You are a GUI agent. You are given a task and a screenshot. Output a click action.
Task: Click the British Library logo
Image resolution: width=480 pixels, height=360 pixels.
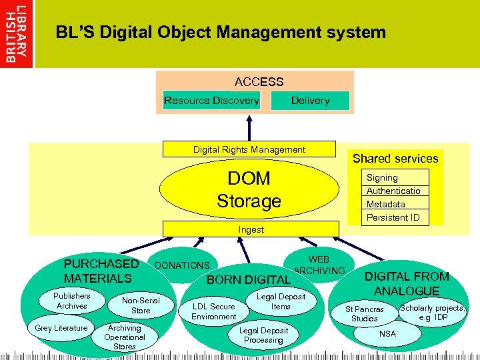tap(17, 33)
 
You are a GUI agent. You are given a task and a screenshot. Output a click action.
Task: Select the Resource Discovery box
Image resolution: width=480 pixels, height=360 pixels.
tap(211, 101)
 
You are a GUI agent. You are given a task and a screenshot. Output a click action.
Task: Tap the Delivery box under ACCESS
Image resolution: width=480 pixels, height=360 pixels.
tap(310, 101)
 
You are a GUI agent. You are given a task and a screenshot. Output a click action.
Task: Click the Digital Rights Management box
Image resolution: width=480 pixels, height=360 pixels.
tap(249, 150)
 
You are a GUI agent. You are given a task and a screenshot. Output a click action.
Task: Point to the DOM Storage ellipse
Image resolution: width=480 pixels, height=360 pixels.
tap(249, 189)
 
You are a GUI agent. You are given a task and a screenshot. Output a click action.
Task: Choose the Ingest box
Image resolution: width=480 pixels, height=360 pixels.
tap(251, 229)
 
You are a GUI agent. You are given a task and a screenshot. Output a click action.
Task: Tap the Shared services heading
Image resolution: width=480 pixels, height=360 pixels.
tap(395, 159)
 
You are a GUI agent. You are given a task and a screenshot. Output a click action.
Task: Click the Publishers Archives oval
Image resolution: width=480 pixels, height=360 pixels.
tap(72, 301)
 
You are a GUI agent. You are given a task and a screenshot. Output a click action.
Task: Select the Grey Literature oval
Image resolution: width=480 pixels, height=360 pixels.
tap(61, 328)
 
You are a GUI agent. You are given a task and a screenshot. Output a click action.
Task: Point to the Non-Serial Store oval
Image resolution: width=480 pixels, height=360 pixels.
tap(141, 305)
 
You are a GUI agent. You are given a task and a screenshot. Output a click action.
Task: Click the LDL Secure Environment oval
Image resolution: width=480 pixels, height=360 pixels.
tap(214, 311)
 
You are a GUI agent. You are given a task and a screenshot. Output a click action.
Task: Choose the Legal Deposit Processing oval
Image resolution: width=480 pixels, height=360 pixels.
tap(263, 335)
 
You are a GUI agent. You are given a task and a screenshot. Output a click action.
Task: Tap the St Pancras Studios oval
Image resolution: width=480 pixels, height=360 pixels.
tap(364, 314)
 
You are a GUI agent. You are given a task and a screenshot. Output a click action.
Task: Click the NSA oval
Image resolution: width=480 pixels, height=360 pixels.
tap(387, 333)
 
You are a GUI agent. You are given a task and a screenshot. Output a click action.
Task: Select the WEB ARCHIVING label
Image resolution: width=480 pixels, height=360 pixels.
tap(319, 265)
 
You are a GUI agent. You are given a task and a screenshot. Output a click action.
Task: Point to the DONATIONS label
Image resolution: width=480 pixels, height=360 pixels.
tap(182, 265)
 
